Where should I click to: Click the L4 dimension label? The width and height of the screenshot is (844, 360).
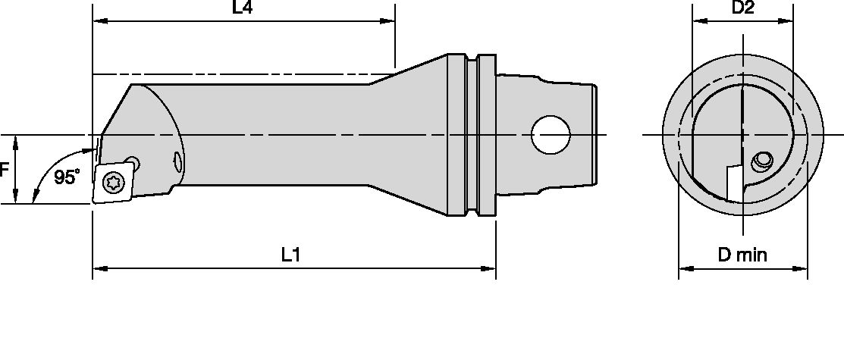(x=242, y=10)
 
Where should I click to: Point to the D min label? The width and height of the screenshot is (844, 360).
(x=742, y=255)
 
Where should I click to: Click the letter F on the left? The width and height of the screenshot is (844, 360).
(x=5, y=170)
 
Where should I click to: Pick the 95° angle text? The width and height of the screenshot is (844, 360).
(x=67, y=177)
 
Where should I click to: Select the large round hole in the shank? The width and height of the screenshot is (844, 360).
(x=551, y=135)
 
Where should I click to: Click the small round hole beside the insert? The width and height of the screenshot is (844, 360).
(x=133, y=161)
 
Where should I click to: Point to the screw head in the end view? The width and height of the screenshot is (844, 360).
(x=761, y=161)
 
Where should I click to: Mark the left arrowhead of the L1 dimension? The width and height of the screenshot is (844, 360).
(x=99, y=268)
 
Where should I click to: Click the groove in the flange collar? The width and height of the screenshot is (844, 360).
(x=472, y=135)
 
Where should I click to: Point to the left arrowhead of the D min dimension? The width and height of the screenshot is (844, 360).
(x=684, y=268)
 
